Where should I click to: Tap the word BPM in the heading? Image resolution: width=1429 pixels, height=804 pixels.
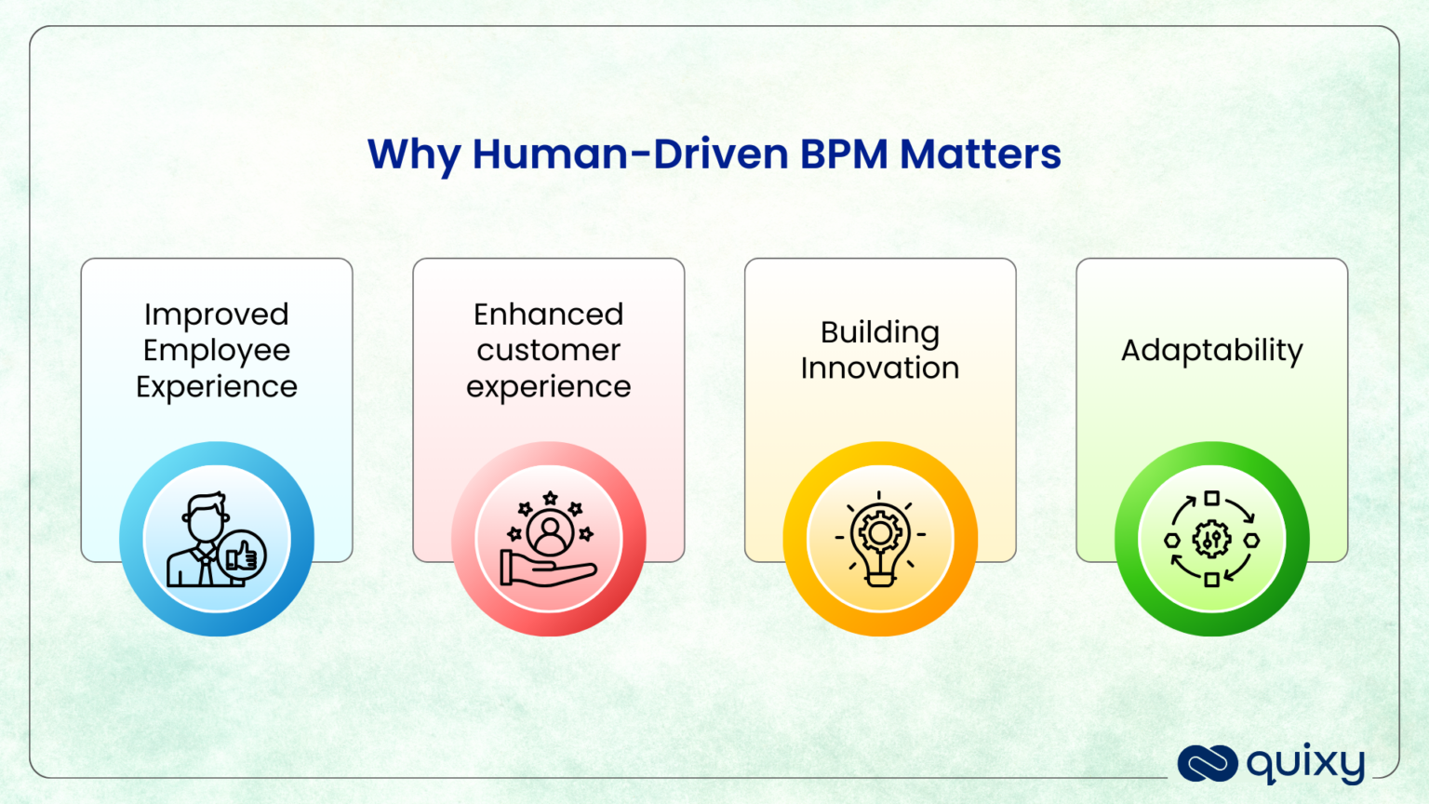844,154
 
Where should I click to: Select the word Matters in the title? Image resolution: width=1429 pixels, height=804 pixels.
980,154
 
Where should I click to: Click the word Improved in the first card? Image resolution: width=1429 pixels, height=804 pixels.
217,315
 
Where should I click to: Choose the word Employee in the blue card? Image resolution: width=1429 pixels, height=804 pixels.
217,351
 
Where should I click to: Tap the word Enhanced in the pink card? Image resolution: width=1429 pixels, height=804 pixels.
548,315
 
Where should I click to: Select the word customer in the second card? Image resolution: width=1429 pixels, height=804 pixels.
548,351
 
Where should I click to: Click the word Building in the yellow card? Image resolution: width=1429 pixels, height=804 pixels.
879,332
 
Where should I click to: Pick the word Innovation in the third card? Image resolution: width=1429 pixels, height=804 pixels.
879,368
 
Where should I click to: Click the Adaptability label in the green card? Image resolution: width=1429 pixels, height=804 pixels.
1211,351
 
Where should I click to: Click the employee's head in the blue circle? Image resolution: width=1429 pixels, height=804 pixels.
205,518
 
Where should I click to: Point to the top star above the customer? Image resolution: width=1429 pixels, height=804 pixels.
550,498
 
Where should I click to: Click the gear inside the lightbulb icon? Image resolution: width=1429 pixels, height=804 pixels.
880,533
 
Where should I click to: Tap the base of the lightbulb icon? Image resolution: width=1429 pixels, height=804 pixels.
880,578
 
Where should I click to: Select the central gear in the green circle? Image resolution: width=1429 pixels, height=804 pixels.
1211,539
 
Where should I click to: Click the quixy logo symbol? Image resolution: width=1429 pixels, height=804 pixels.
1207,764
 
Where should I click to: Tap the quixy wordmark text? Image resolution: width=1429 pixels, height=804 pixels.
1305,764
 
